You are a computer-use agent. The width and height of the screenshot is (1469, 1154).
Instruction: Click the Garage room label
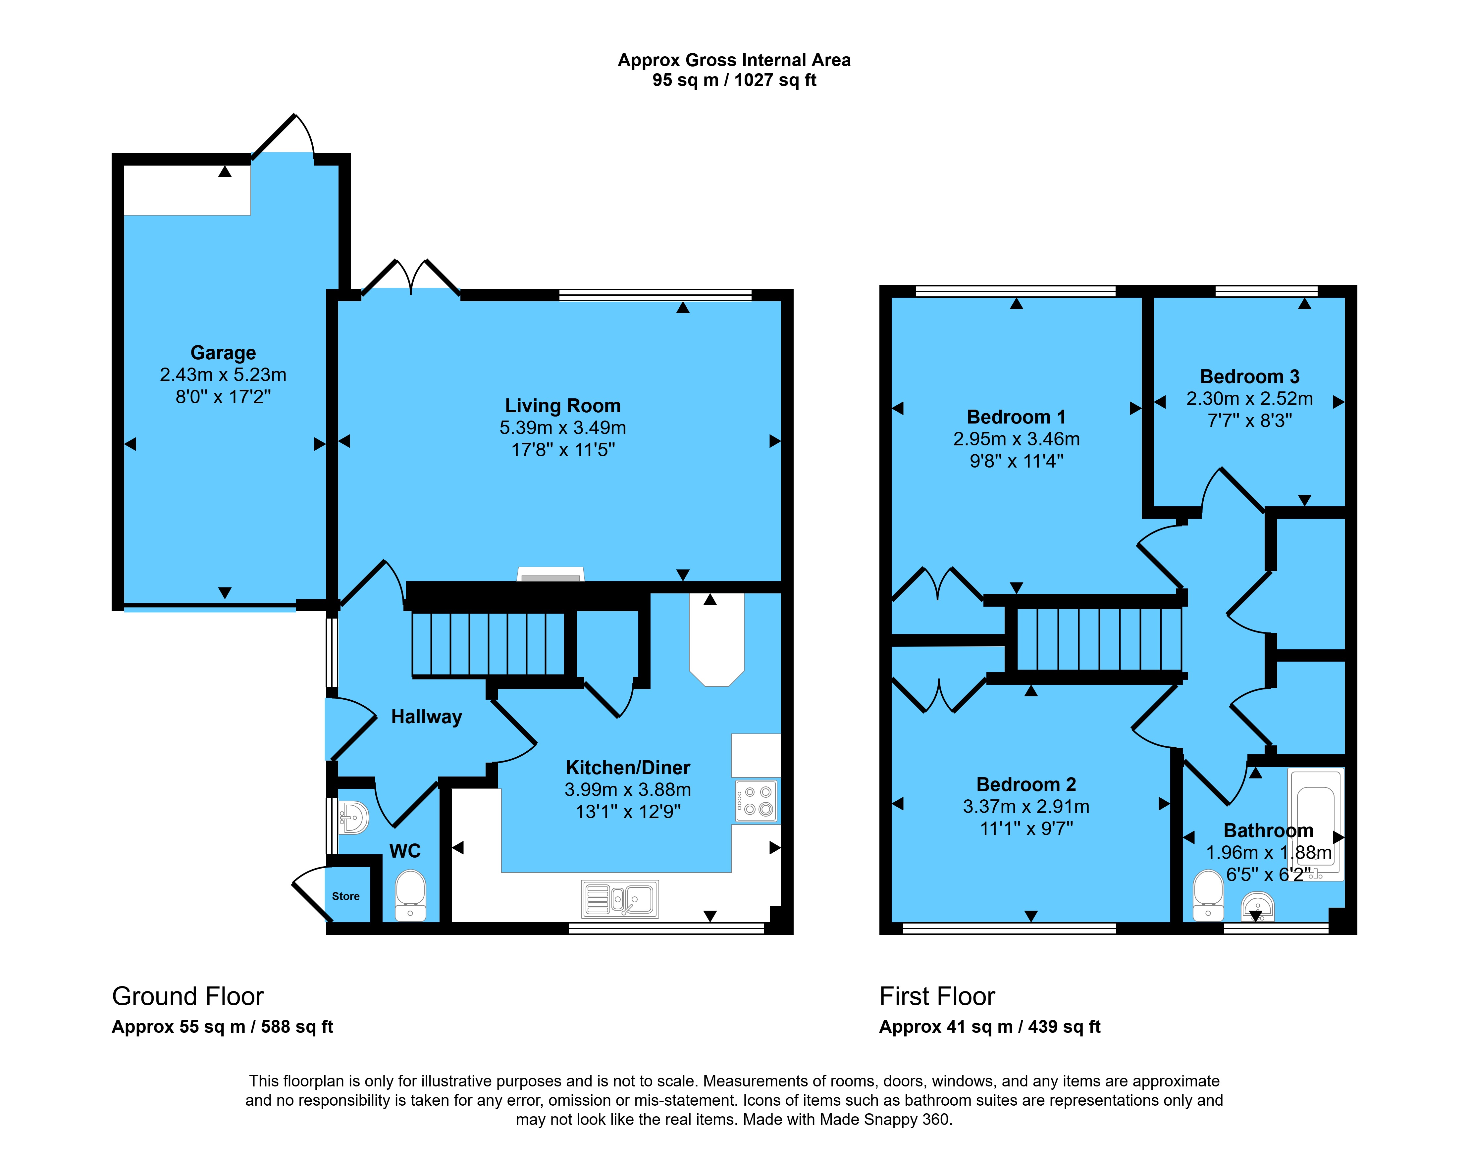[x=223, y=353]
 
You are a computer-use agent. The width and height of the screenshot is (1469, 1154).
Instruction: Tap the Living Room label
[x=563, y=405]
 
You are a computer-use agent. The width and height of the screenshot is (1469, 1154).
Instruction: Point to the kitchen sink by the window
[x=620, y=899]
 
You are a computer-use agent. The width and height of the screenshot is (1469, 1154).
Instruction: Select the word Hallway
[x=426, y=717]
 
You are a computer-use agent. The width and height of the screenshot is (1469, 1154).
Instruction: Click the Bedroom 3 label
[x=1249, y=376]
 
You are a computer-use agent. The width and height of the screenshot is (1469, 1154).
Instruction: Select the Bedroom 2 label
[x=1026, y=784]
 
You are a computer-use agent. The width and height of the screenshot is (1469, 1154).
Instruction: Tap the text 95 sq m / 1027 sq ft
[x=735, y=80]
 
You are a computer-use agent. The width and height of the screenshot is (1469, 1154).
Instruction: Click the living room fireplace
[x=551, y=574]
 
